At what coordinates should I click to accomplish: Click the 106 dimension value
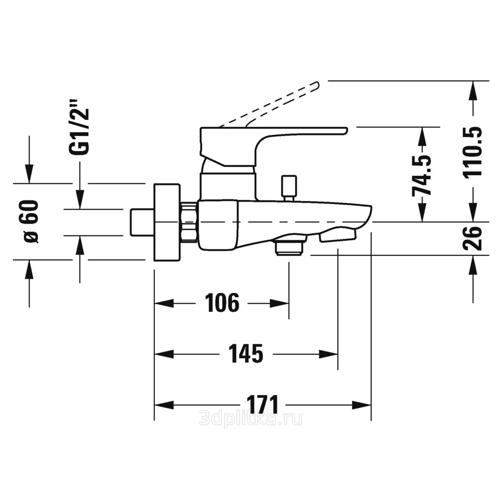tap(222, 303)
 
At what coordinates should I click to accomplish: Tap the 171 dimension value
tap(263, 404)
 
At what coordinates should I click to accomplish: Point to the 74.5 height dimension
tap(422, 175)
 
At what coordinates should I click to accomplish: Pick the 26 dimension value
tap(473, 238)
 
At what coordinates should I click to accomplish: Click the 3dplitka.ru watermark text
tap(251, 418)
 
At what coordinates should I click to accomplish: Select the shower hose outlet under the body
tap(289, 247)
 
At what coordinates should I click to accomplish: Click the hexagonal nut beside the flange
tap(189, 222)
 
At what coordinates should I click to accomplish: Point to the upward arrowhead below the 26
tap(473, 264)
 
